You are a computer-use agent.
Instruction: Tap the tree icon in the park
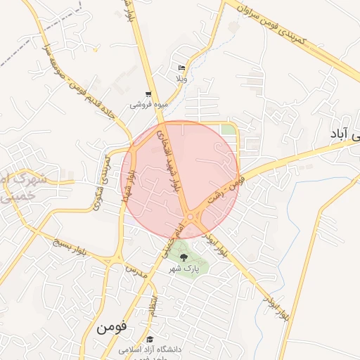click(184, 258)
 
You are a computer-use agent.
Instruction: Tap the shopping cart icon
click(148, 94)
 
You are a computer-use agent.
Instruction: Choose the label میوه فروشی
click(148, 105)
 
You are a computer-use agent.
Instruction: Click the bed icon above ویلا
click(182, 68)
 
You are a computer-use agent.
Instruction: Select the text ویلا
click(181, 79)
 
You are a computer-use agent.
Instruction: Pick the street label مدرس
click(136, 271)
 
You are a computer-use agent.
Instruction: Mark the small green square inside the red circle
click(229, 130)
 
